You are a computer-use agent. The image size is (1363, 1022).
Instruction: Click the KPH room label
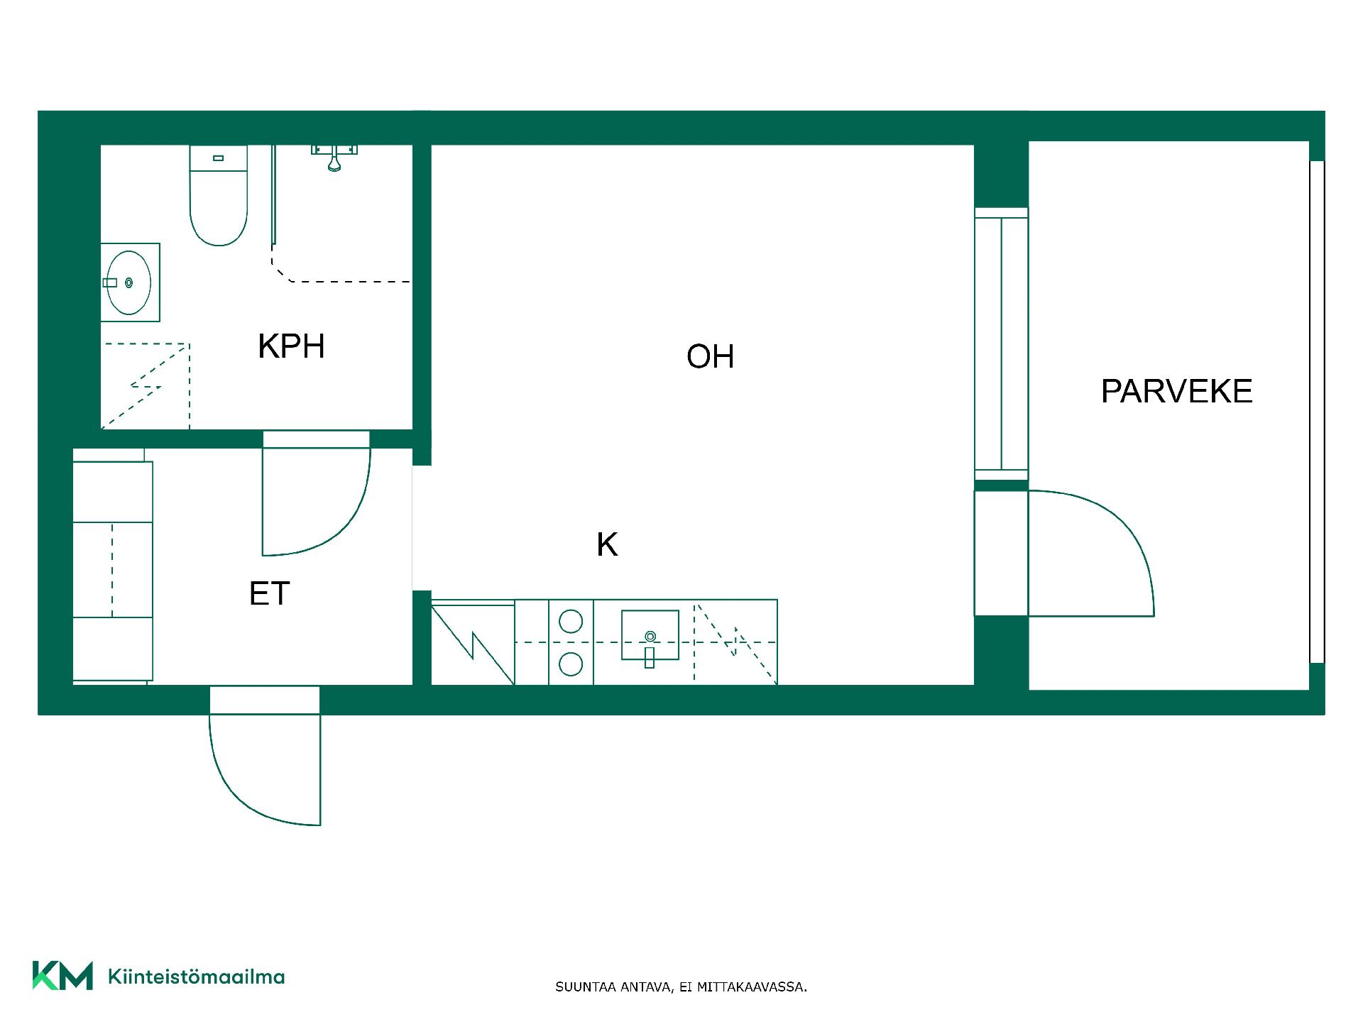tap(291, 346)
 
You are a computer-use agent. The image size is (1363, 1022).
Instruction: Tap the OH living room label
tap(710, 356)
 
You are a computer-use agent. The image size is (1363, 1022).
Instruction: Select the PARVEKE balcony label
tap(1176, 391)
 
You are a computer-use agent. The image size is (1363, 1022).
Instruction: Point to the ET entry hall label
tap(269, 593)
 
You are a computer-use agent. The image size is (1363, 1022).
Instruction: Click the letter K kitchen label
tap(607, 544)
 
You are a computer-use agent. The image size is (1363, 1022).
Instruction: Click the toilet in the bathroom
tap(219, 195)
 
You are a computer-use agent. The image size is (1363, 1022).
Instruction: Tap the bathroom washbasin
tap(129, 282)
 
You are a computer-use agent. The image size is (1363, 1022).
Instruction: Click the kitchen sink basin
tap(650, 635)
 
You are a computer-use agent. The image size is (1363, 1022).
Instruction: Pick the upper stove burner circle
tap(571, 622)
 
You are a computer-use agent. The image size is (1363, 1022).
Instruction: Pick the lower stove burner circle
tap(571, 664)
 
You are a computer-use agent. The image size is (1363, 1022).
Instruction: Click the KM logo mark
tap(62, 976)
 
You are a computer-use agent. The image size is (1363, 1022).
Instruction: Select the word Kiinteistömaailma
tap(196, 977)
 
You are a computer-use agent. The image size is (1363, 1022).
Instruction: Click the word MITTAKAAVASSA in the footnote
tap(752, 987)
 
